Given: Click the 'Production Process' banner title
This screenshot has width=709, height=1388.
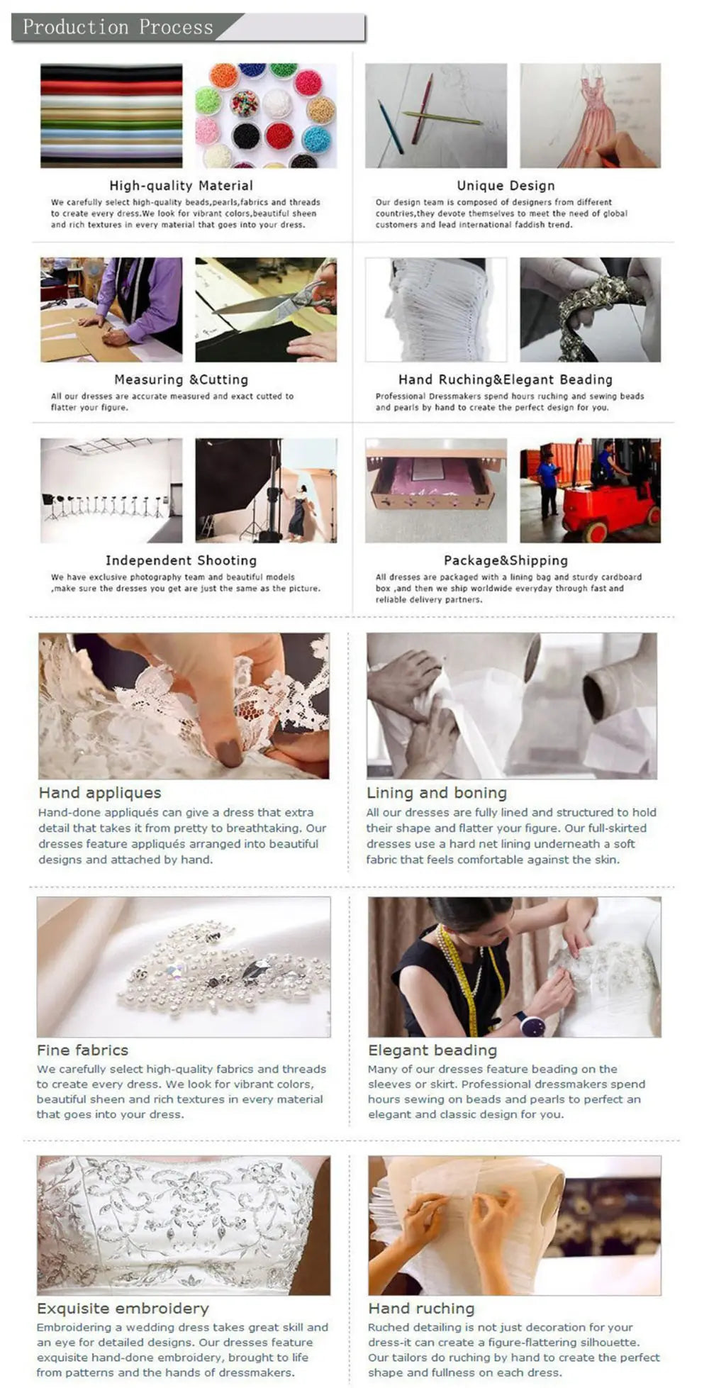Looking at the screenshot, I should tap(118, 28).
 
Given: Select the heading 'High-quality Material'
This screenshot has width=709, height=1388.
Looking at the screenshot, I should tap(181, 186).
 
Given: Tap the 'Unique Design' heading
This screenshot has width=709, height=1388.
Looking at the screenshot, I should tap(506, 186).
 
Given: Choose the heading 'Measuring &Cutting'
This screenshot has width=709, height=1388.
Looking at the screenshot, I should tap(181, 379).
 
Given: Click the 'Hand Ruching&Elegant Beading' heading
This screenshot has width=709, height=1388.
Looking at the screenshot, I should tap(505, 379).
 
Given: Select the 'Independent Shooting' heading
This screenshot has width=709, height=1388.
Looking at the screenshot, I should tap(181, 560).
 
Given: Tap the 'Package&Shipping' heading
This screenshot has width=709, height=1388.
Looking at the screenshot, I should tap(506, 560).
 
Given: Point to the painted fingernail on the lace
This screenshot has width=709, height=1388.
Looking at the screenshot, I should tap(228, 753).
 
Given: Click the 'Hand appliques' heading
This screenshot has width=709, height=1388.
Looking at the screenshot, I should tap(100, 793).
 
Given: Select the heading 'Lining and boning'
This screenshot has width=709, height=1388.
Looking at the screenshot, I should tap(436, 793).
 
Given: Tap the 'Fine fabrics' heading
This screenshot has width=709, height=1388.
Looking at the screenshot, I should tap(83, 1050).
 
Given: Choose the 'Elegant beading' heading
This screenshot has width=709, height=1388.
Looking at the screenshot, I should tap(432, 1050).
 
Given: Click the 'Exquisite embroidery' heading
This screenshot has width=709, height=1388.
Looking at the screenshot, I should tap(123, 1309).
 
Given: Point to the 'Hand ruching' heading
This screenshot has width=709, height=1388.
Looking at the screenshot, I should tap(421, 1309).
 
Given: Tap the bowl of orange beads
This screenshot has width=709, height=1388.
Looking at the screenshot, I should tap(224, 75).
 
